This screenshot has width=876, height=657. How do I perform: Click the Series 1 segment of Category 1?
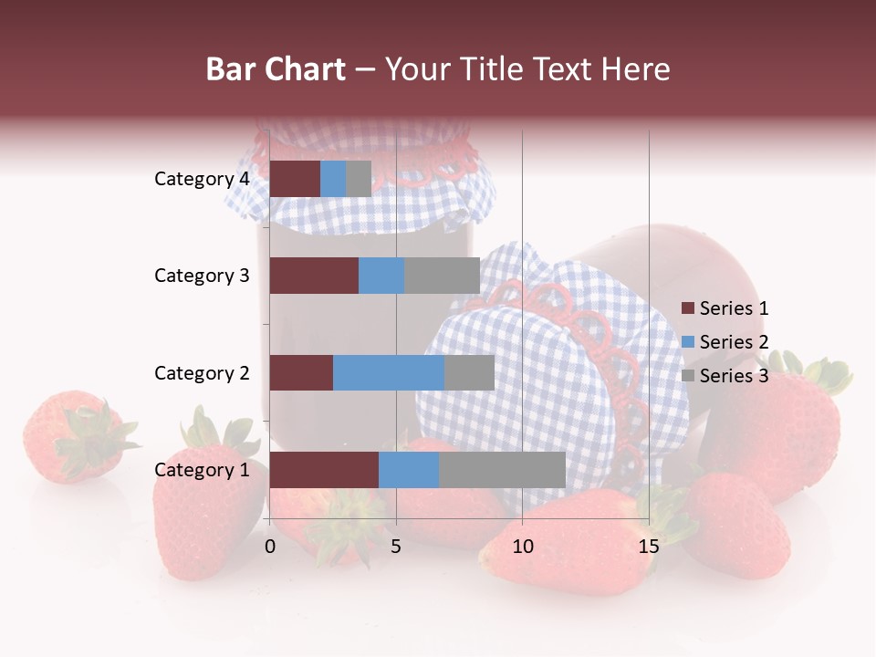point(324,470)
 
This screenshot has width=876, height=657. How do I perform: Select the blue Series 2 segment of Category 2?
point(389,372)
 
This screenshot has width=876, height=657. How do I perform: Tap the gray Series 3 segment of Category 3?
point(442,276)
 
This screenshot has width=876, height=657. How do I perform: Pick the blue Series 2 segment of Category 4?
point(333,179)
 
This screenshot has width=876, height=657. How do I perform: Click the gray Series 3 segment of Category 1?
point(502,470)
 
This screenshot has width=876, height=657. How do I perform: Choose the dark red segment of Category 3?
point(314,276)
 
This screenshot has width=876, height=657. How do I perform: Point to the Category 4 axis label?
point(202,179)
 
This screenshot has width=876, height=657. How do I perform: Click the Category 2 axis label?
point(202,372)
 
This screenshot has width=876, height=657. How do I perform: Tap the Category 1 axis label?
point(202,470)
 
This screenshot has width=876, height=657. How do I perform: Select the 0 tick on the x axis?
point(270,547)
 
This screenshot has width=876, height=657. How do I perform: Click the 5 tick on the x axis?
point(396,547)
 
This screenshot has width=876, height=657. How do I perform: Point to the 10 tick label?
point(522,547)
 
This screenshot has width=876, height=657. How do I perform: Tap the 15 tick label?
point(648,547)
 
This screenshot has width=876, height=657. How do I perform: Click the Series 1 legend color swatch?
point(687,308)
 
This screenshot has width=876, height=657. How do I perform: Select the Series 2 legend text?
point(734,342)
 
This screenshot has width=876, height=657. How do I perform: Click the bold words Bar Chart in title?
point(276,68)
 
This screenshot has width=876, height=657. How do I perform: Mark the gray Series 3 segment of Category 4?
point(359,179)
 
